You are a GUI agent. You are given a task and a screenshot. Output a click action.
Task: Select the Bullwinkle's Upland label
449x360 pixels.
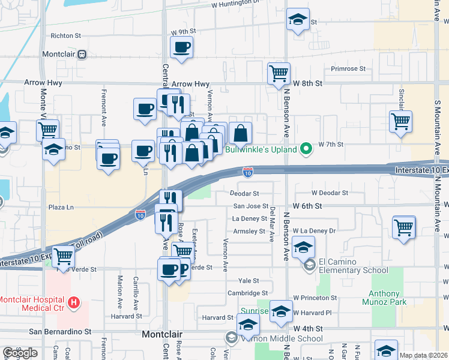(x=262, y=148)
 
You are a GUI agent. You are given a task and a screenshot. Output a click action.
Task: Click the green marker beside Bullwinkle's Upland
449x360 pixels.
(x=306, y=148)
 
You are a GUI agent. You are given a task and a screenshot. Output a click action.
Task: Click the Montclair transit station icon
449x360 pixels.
(x=82, y=54)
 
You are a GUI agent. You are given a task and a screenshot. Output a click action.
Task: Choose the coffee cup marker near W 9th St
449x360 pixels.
(x=181, y=47)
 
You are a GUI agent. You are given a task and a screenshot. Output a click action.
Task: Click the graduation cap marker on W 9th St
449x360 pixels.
(x=297, y=19)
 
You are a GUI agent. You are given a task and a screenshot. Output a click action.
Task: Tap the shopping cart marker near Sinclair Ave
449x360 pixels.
(x=400, y=121)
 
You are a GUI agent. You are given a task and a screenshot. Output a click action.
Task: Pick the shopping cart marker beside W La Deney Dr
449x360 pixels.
(x=404, y=227)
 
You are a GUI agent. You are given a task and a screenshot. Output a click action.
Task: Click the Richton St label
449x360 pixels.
(x=65, y=36)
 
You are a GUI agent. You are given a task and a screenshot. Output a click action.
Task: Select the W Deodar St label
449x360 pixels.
(x=329, y=193)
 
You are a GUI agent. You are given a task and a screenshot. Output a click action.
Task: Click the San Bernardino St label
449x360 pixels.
(x=60, y=331)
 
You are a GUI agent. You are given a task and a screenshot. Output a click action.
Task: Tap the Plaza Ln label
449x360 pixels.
(x=61, y=207)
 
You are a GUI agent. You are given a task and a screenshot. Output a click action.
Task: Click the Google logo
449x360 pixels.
(x=20, y=353)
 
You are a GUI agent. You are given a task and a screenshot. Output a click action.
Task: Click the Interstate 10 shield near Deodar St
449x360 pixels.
(x=247, y=173)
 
